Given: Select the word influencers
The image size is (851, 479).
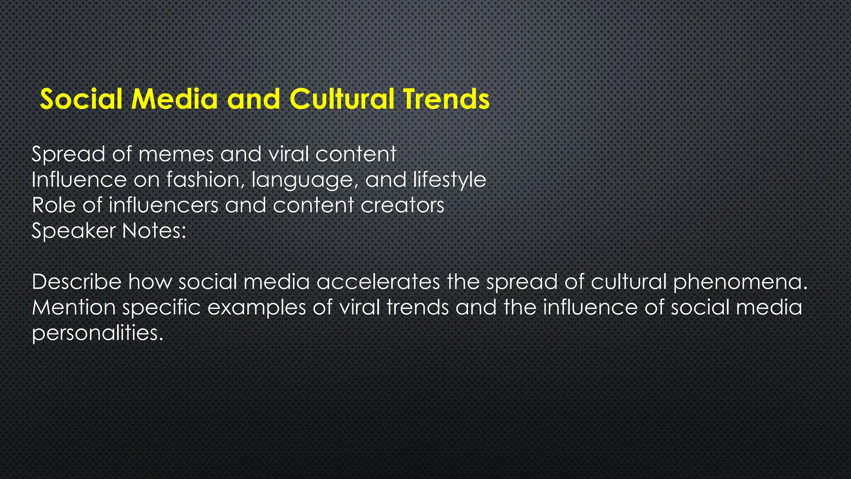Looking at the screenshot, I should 163,205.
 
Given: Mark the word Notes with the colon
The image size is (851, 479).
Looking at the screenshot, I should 154,231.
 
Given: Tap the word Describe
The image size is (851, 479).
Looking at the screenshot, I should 76,282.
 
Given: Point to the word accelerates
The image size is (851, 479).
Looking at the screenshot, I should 378,282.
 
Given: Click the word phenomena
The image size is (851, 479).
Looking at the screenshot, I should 740,283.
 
